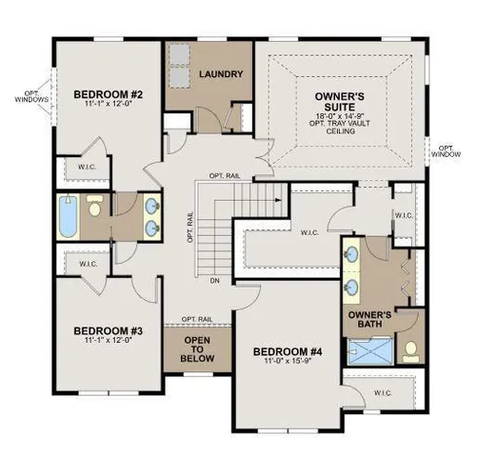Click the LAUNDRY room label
[219, 73]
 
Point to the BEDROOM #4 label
[288, 352]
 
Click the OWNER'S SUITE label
[341, 101]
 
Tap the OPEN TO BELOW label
[197, 349]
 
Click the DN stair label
[214, 281]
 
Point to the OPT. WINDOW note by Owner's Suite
[447, 149]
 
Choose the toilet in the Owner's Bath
[411, 350]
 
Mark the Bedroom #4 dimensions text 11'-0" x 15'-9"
[288, 363]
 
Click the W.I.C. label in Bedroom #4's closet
[384, 391]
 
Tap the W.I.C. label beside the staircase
[308, 231]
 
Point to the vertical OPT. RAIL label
[189, 228]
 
